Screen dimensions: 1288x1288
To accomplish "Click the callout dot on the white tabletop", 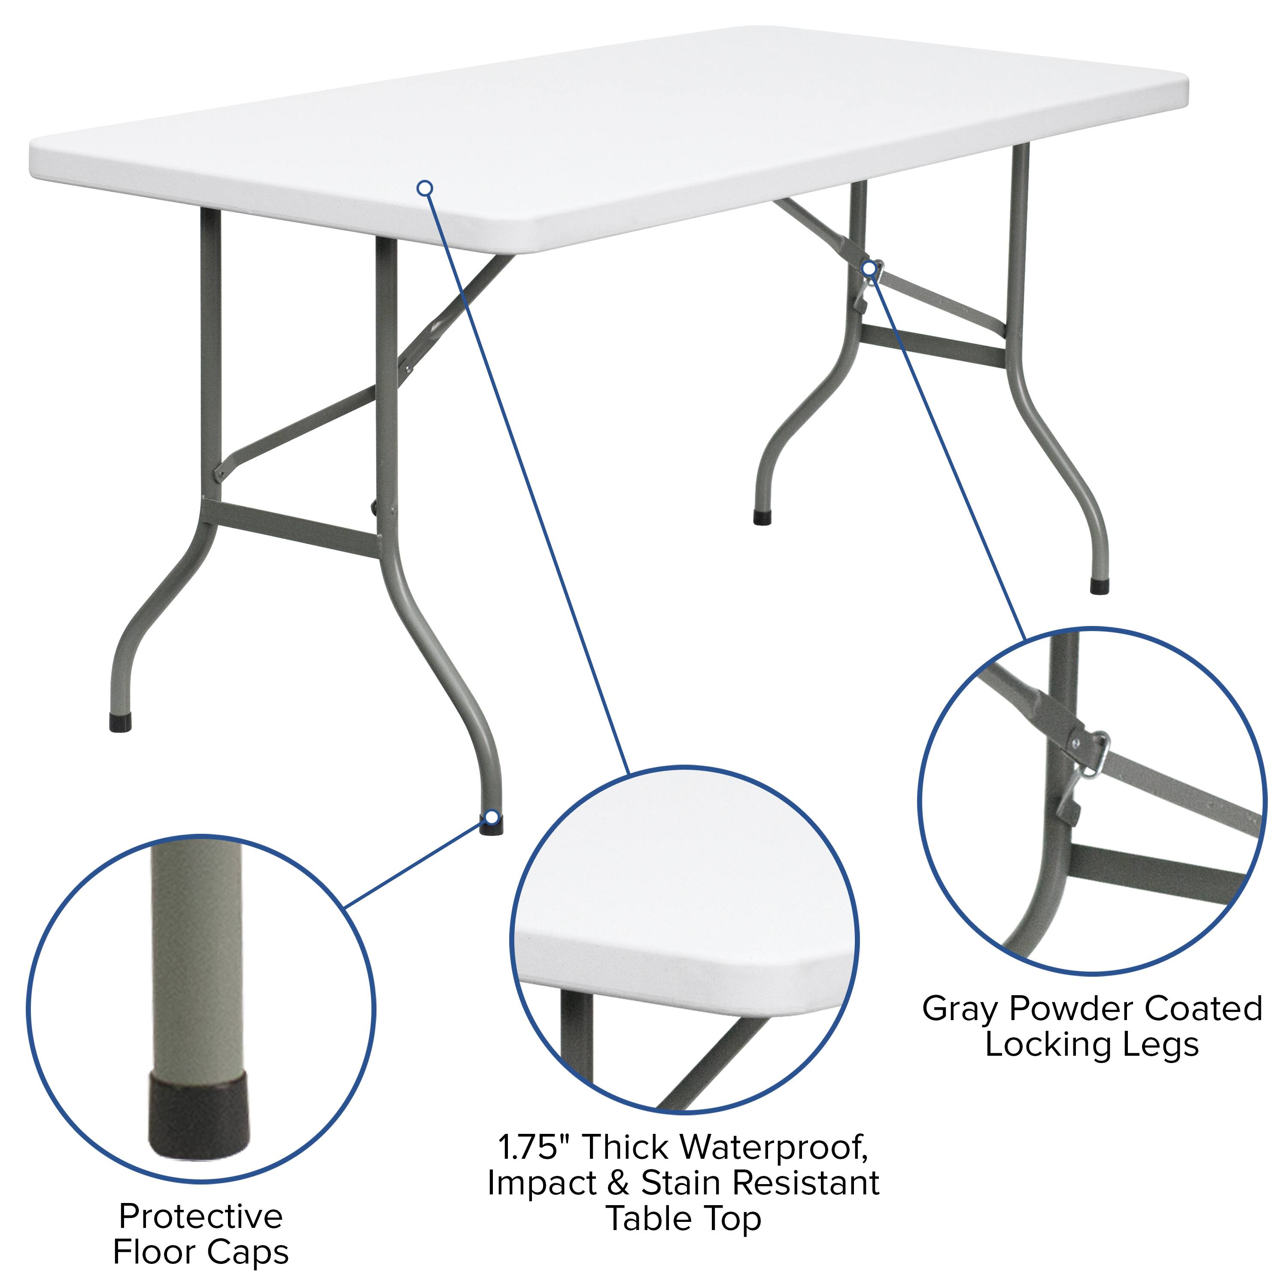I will click(x=425, y=188).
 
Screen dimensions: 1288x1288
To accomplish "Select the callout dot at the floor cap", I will click(x=492, y=817).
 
